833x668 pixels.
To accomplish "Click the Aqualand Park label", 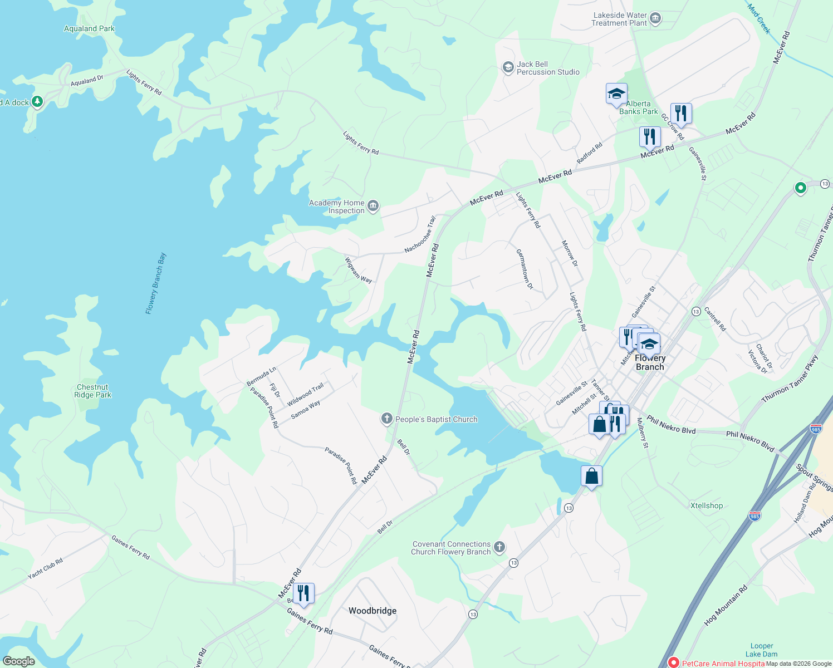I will pyautogui.click(x=89, y=28).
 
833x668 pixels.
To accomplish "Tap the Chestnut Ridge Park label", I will pyautogui.click(x=92, y=391).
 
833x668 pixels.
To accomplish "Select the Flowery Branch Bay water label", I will pyautogui.click(x=156, y=284).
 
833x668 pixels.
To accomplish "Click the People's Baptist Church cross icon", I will pyautogui.click(x=387, y=419).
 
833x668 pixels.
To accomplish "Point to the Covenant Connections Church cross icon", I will pyautogui.click(x=499, y=547).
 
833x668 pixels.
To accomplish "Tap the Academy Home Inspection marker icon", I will pyautogui.click(x=373, y=207).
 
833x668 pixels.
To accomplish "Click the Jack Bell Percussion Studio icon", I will pyautogui.click(x=508, y=68).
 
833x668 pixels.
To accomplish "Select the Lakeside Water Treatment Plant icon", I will pyautogui.click(x=655, y=19).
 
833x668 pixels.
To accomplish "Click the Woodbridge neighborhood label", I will pyautogui.click(x=373, y=611).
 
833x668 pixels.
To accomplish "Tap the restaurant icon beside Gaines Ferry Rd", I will pyautogui.click(x=303, y=593).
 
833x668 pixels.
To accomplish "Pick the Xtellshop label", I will pyautogui.click(x=707, y=505).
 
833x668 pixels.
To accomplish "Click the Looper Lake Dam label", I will pyautogui.click(x=762, y=650).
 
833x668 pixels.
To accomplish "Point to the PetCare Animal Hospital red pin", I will pyautogui.click(x=673, y=662).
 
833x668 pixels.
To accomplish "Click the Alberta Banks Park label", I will pyautogui.click(x=638, y=107).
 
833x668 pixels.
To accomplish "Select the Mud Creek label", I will pyautogui.click(x=759, y=18).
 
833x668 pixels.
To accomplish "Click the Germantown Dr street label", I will pyautogui.click(x=525, y=269).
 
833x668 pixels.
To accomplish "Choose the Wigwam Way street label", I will pyautogui.click(x=358, y=270).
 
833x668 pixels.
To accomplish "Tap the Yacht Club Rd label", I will pyautogui.click(x=45, y=568).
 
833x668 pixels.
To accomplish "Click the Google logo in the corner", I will pyautogui.click(x=18, y=661).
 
